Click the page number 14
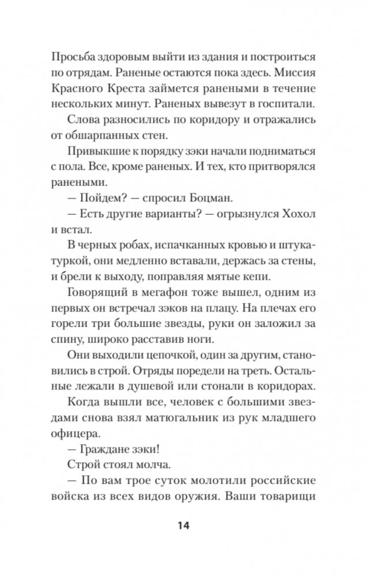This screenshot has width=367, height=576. pos(183,525)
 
